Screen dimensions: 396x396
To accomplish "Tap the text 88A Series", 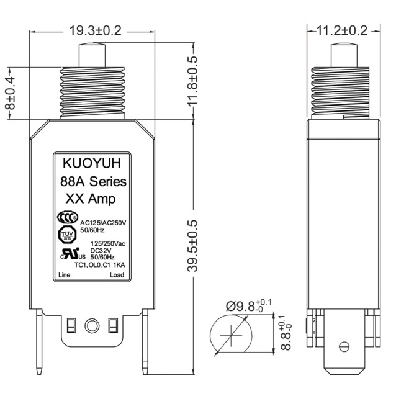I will pyautogui.click(x=94, y=182).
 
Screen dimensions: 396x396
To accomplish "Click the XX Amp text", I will pyautogui.click(x=92, y=199).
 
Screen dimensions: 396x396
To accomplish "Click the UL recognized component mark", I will pyautogui.click(x=67, y=254).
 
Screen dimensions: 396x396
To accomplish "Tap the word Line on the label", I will pyautogui.click(x=64, y=274).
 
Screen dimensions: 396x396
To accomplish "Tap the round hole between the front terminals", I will pyautogui.click(x=92, y=325).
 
